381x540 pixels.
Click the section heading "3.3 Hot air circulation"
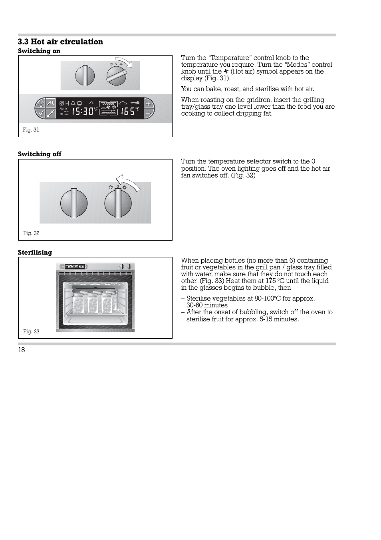click(x=60, y=42)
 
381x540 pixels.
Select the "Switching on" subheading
click(x=39, y=51)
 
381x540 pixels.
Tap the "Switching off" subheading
click(x=40, y=154)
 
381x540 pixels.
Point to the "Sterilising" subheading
click(x=35, y=253)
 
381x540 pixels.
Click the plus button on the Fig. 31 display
click(x=148, y=104)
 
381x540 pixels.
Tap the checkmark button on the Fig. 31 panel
click(x=40, y=113)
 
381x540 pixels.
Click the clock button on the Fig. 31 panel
click(x=40, y=104)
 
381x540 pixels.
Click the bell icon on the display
click(x=73, y=103)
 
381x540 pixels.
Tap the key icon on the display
click(x=135, y=103)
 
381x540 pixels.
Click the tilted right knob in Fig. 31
click(x=116, y=76)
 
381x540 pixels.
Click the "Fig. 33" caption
click(x=31, y=332)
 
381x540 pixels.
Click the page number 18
click(x=22, y=350)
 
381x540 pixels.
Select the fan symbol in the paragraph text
click(x=226, y=72)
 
